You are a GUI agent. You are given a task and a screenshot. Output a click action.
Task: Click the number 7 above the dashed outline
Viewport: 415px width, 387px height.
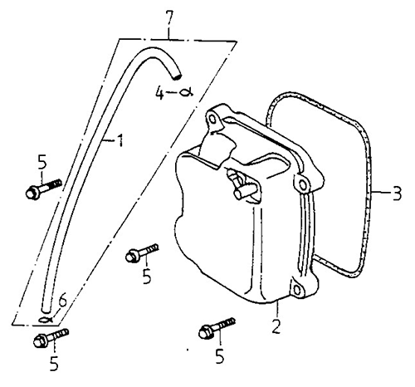[x=168, y=20]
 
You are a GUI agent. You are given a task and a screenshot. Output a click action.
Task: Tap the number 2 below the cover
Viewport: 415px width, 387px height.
[x=276, y=326]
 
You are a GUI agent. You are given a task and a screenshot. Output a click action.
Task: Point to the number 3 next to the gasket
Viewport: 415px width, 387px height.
[x=397, y=193]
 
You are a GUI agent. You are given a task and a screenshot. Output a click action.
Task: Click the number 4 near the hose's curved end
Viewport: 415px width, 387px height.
[x=160, y=92]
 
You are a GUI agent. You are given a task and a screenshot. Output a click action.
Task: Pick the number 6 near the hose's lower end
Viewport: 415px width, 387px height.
[x=62, y=301]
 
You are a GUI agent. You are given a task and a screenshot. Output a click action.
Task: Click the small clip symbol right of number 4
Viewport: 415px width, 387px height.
[x=186, y=93]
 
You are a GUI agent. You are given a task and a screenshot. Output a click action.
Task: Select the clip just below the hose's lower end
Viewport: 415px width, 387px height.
[x=46, y=320]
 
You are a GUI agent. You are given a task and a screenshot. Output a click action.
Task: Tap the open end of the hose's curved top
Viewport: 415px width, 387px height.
[x=176, y=76]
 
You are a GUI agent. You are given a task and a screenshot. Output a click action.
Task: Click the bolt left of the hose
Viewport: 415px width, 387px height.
[x=43, y=189]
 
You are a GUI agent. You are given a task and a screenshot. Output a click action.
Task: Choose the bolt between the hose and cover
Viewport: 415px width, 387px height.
[x=142, y=252]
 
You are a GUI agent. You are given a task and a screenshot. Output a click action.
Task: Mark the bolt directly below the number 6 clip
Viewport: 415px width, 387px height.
[x=51, y=338]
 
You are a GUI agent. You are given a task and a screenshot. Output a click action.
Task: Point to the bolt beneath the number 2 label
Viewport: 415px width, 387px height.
[x=217, y=328]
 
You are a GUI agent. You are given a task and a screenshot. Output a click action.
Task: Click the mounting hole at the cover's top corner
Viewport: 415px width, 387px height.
[x=212, y=119]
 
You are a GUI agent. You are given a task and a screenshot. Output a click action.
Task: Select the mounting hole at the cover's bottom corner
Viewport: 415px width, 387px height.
[x=296, y=290]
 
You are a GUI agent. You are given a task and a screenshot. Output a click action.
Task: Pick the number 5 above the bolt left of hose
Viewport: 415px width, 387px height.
[x=42, y=162]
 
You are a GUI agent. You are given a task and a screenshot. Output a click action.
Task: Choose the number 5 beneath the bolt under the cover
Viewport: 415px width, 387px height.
[x=220, y=356]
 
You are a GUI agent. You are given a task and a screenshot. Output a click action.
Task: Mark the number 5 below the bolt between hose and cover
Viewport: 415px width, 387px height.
[x=147, y=276]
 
